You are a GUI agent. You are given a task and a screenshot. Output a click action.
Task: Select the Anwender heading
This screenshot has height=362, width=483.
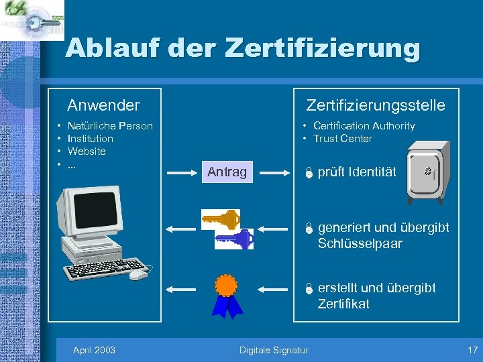click(103, 105)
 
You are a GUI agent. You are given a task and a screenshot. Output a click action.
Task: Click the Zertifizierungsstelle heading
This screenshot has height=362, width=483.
click(375, 105)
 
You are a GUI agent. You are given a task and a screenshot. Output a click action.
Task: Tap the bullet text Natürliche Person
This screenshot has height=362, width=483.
click(110, 126)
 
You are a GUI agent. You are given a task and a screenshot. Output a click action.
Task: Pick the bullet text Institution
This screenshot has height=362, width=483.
click(91, 139)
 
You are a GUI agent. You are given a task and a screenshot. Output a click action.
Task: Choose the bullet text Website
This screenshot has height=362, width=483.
click(87, 152)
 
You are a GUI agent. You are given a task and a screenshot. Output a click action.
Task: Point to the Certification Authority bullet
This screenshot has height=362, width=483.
click(364, 126)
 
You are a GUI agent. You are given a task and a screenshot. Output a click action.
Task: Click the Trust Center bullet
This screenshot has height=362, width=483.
click(342, 139)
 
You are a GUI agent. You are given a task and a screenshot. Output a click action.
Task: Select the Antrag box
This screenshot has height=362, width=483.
click(227, 172)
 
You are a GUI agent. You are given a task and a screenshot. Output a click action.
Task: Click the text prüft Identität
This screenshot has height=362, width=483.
click(357, 172)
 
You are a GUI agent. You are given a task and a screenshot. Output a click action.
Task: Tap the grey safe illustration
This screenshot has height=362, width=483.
click(427, 172)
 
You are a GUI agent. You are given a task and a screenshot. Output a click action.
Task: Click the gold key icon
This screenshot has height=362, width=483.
click(221, 219)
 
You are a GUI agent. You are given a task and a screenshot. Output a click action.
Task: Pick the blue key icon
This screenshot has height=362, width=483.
click(234, 239)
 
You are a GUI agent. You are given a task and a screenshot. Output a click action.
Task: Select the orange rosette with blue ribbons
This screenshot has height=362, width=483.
click(227, 296)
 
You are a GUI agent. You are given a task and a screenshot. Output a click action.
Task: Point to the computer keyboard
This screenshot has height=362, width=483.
click(101, 268)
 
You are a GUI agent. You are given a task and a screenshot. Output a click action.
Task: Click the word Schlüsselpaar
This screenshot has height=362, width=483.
click(360, 243)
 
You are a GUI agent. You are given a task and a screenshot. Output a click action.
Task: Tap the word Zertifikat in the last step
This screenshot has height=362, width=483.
click(343, 304)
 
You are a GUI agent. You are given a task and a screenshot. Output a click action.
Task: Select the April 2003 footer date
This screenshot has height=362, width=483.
click(94, 350)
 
